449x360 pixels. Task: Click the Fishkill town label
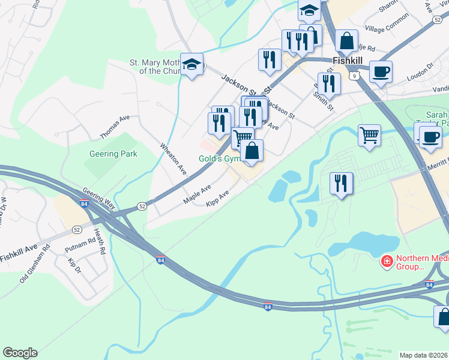(346, 61)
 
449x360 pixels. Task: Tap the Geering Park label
(113, 154)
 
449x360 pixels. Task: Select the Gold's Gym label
(219, 158)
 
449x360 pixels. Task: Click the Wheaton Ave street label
(173, 158)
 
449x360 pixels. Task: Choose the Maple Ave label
(197, 194)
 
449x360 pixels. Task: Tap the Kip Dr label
(74, 263)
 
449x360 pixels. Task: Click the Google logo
(20, 353)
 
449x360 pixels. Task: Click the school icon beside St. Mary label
(191, 64)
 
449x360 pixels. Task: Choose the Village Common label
(387, 28)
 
